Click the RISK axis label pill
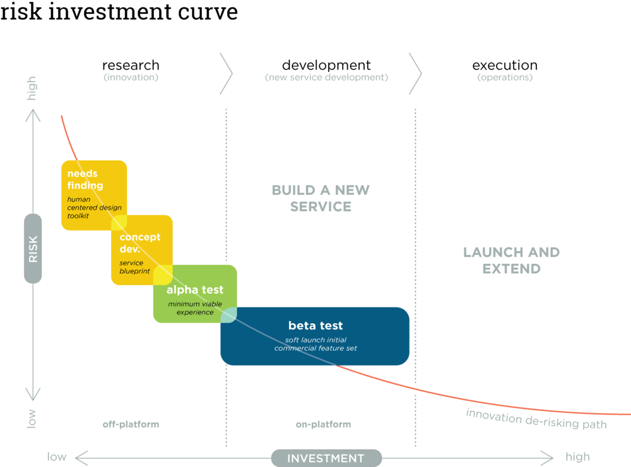pos(33,248)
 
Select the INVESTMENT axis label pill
pos(326,458)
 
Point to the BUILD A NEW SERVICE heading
pos(321,198)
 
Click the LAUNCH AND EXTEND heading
pos(511,260)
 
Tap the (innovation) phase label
pos(131,78)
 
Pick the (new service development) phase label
pos(326,78)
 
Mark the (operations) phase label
pos(504,78)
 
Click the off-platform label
pos(131,425)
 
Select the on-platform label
pos(322,425)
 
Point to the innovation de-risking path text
pos(536,419)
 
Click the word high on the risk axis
pos(32,88)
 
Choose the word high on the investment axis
pos(577,457)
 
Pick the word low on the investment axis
pos(57,457)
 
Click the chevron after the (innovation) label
pos(226,74)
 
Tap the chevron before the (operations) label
pos(415,74)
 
